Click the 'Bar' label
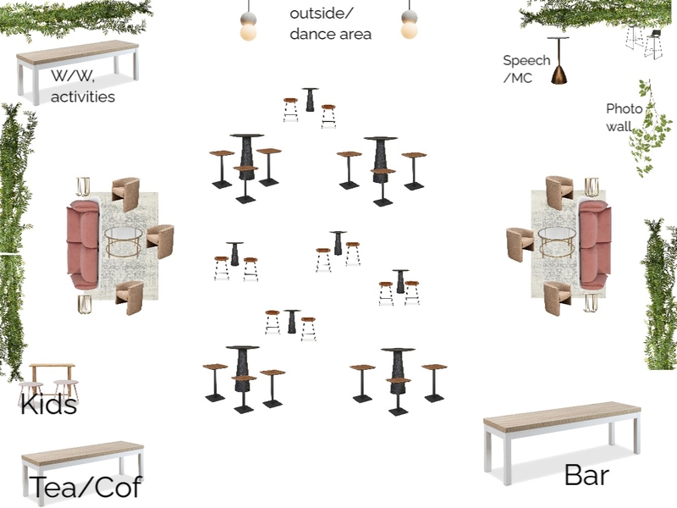(x=586, y=475)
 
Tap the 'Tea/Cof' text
(x=85, y=487)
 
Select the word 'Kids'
(x=49, y=405)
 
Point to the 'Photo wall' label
(x=625, y=117)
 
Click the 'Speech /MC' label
(x=526, y=69)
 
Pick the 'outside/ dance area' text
(x=330, y=24)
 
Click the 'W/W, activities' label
(x=82, y=86)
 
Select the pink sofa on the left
(x=82, y=245)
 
